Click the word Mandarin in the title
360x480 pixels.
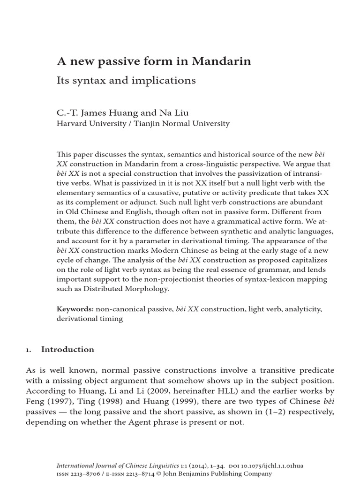click(x=224, y=61)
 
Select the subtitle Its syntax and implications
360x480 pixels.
click(x=126, y=80)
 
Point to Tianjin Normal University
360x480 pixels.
click(x=183, y=124)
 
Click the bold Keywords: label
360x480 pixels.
click(x=75, y=309)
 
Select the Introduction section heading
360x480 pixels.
click(x=67, y=349)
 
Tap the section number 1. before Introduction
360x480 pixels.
click(x=28, y=350)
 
